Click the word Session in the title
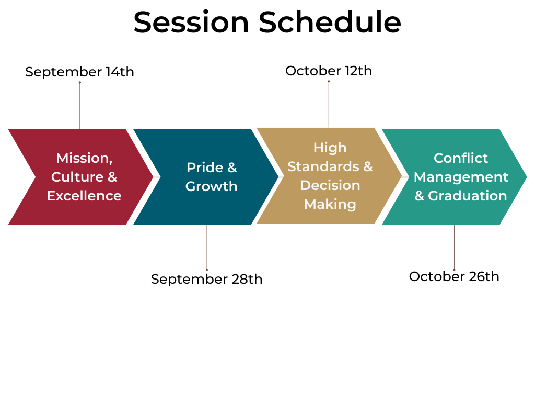pyautogui.click(x=191, y=23)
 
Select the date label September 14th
pyautogui.click(x=79, y=72)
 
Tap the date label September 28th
pyautogui.click(x=206, y=279)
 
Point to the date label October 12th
pyautogui.click(x=329, y=71)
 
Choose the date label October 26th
pyautogui.click(x=454, y=276)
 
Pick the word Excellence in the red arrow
pyautogui.click(x=84, y=196)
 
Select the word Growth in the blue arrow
pyautogui.click(x=212, y=186)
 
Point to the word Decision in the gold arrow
pyautogui.click(x=330, y=185)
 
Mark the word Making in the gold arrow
pyautogui.click(x=330, y=204)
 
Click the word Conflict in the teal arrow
pyautogui.click(x=461, y=158)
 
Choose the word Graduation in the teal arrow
pyautogui.click(x=468, y=196)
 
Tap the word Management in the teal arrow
pyautogui.click(x=461, y=177)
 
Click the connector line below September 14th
pyautogui.click(x=80, y=105)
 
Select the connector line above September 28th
pyautogui.click(x=207, y=247)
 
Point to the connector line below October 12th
pyautogui.click(x=329, y=104)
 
